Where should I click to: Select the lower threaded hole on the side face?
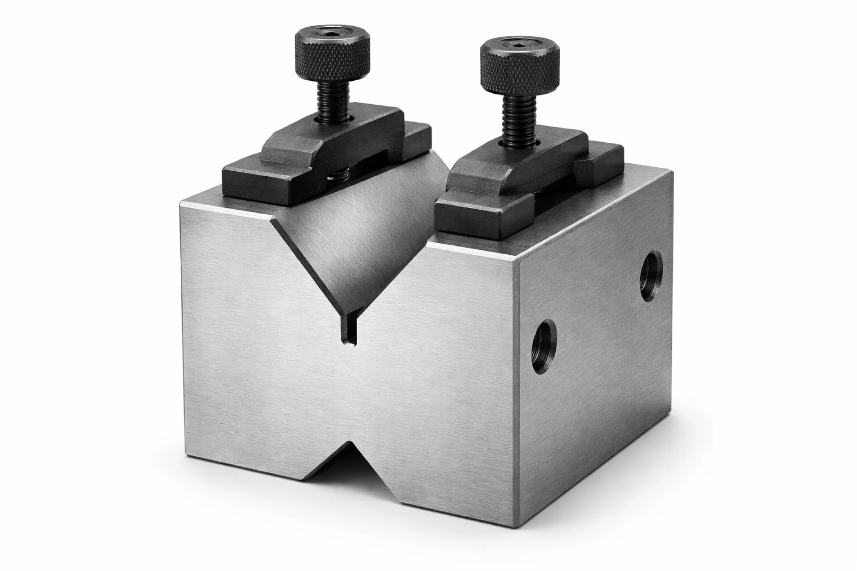tap(544, 340)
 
